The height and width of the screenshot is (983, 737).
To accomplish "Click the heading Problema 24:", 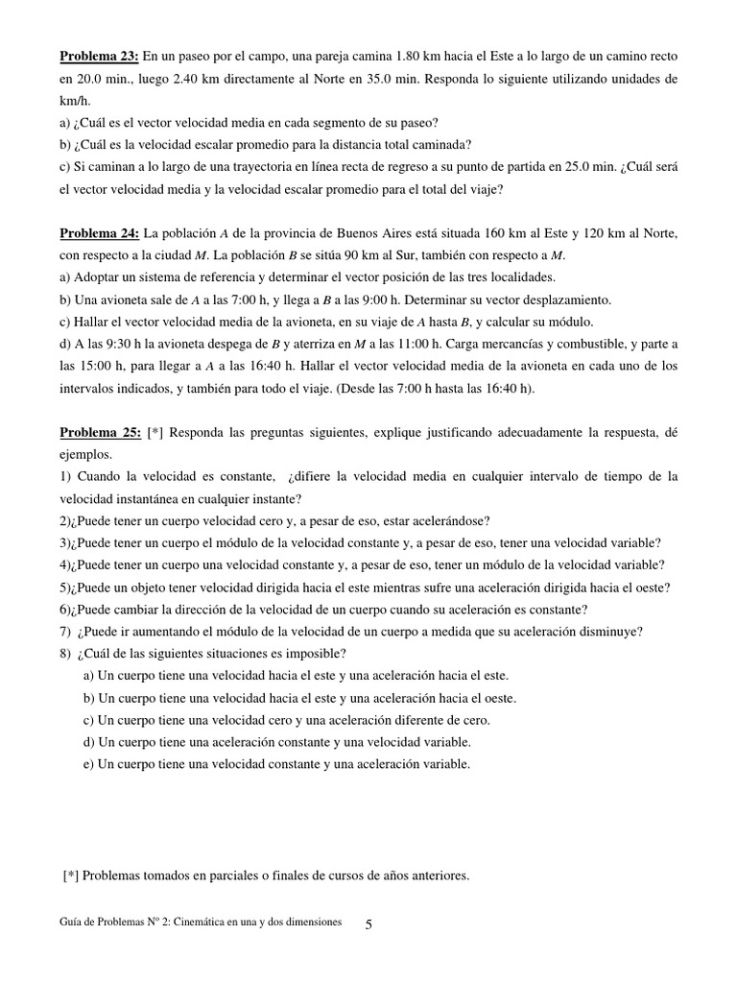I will (x=100, y=233).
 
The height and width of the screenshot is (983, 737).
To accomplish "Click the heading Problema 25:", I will (x=100, y=433).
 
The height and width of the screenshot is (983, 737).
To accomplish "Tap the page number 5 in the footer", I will (x=369, y=923).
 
